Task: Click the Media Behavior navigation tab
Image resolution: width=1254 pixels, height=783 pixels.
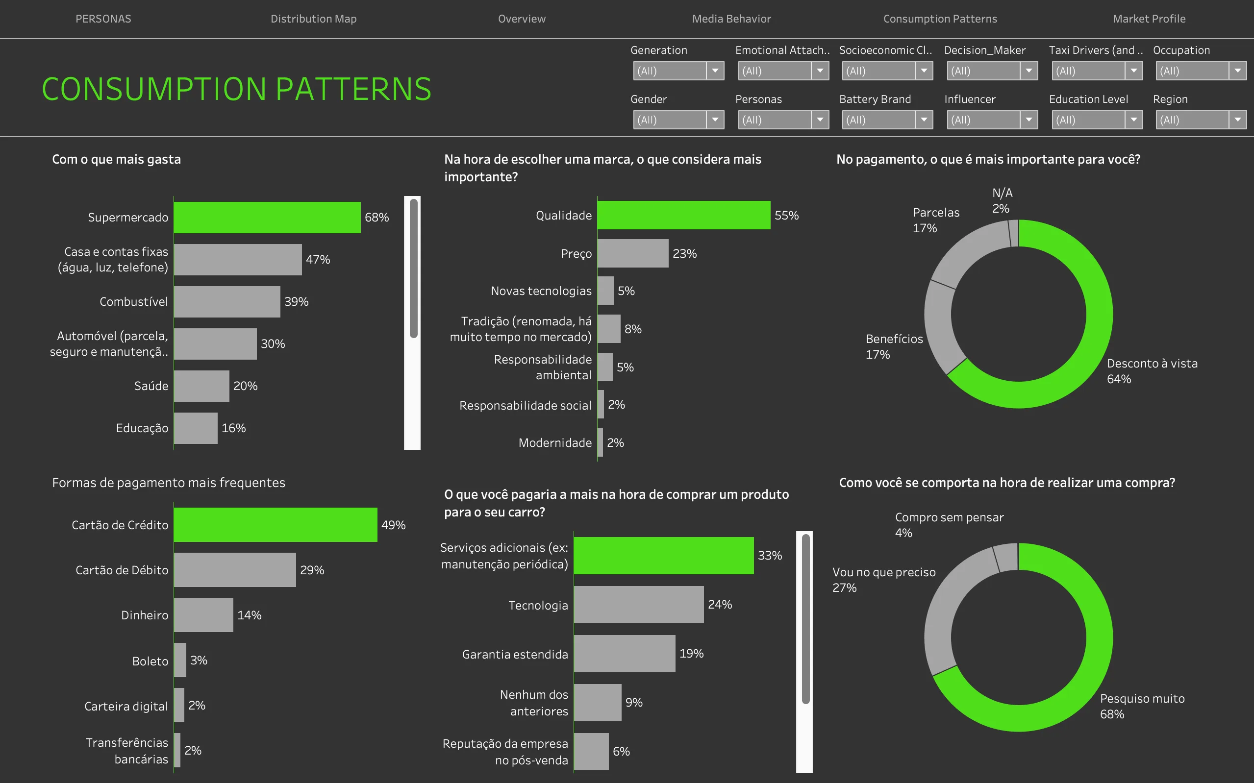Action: pyautogui.click(x=731, y=19)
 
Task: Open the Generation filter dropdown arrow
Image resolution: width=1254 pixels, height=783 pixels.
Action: pyautogui.click(x=715, y=71)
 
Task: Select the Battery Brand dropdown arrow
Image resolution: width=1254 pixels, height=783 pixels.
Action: pyautogui.click(x=924, y=120)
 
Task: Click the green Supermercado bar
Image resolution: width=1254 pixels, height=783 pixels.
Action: pyautogui.click(x=267, y=218)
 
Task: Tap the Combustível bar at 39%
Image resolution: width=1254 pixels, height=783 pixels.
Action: pyautogui.click(x=227, y=302)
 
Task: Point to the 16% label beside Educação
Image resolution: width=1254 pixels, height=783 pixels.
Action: pyautogui.click(x=234, y=428)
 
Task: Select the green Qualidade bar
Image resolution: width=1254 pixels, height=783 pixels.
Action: pyautogui.click(x=683, y=216)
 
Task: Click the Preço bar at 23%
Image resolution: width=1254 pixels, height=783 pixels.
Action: pyautogui.click(x=632, y=254)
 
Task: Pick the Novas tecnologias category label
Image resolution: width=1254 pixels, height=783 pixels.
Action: pyautogui.click(x=541, y=291)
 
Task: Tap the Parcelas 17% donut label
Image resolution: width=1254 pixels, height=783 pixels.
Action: pyautogui.click(x=935, y=220)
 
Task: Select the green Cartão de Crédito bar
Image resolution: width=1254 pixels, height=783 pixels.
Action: pyautogui.click(x=275, y=525)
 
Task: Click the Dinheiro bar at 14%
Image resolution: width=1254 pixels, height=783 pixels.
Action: pyautogui.click(x=203, y=615)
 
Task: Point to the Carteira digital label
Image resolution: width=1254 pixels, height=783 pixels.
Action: pyautogui.click(x=126, y=707)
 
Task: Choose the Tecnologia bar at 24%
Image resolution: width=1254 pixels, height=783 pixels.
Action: pyautogui.click(x=638, y=605)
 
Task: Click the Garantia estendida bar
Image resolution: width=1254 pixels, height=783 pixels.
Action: pyautogui.click(x=624, y=654)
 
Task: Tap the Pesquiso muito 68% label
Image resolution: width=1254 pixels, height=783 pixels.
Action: pyautogui.click(x=1142, y=707)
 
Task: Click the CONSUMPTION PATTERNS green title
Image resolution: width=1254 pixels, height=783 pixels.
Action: pyautogui.click(x=236, y=89)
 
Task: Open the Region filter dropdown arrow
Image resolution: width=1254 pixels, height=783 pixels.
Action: pyautogui.click(x=1237, y=120)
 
